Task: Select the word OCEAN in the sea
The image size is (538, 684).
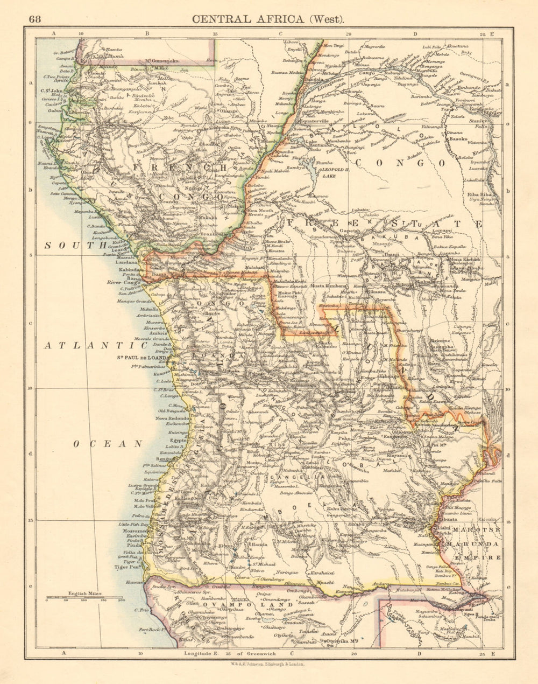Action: (108, 444)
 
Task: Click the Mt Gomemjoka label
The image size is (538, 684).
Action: (165, 61)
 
